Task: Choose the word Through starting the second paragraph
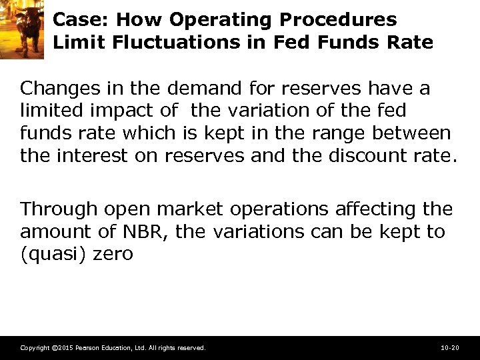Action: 57,209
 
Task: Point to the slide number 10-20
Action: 450,348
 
